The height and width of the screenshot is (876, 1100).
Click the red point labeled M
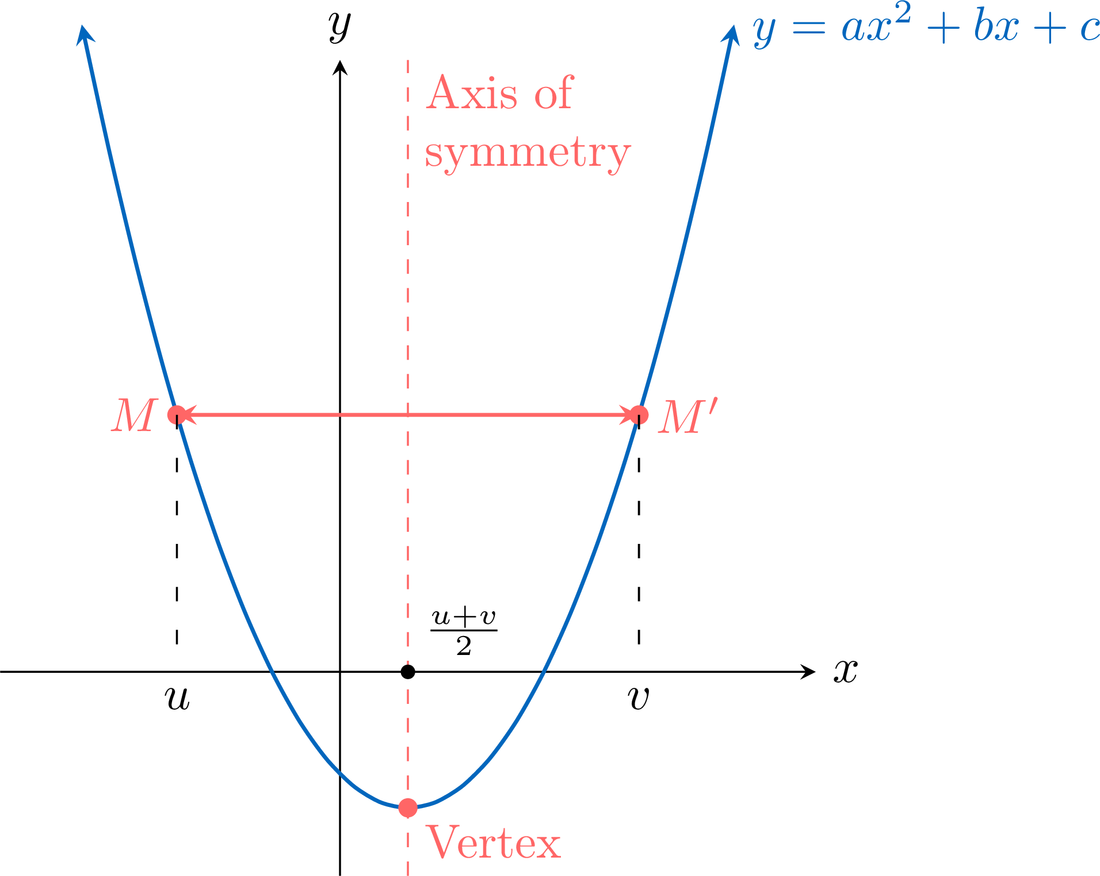[177, 414]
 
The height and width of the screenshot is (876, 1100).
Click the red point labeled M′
[639, 414]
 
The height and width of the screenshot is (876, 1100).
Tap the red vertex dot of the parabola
[408, 808]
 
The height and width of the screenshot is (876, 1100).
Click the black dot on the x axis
[408, 672]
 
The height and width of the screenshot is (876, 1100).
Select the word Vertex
[493, 842]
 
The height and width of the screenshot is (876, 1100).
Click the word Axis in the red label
[472, 93]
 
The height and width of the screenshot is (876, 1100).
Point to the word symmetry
[528, 154]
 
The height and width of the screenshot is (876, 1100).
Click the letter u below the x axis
[177, 698]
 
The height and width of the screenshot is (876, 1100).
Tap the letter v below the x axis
[639, 698]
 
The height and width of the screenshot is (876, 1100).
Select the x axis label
[846, 671]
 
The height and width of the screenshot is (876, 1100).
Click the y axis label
[340, 26]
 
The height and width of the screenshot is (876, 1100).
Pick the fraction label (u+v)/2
[464, 631]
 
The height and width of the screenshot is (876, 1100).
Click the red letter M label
[135, 415]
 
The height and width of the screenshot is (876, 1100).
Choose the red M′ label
[688, 416]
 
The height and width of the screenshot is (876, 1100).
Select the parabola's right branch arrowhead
[731, 34]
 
